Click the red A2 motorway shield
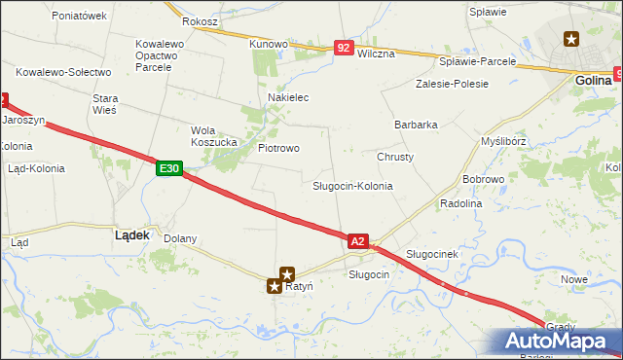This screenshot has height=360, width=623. pos(357,240)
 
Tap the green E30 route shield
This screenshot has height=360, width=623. pos(168,169)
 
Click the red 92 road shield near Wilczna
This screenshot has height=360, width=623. pos(343,47)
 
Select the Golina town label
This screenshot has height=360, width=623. pos(593,81)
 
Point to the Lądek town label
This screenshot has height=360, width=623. pos(131,234)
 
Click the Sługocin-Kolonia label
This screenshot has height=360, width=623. pos(352,185)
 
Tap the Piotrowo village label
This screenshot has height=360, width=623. pos(278,148)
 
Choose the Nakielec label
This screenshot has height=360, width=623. pos(288,98)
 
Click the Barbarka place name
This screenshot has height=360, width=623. pos(416,125)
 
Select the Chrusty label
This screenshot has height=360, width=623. pos(395,157)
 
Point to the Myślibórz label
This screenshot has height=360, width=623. pos(504,141)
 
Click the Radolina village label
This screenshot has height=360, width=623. pos(461,203)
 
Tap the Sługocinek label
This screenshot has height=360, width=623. pos(431,254)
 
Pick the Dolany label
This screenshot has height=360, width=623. pos(180,238)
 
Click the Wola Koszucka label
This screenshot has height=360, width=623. pos(214,136)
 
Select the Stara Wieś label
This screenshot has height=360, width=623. pos(104,104)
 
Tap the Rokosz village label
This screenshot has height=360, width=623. pos(200,21)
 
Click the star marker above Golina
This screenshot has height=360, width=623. pos(571,39)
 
